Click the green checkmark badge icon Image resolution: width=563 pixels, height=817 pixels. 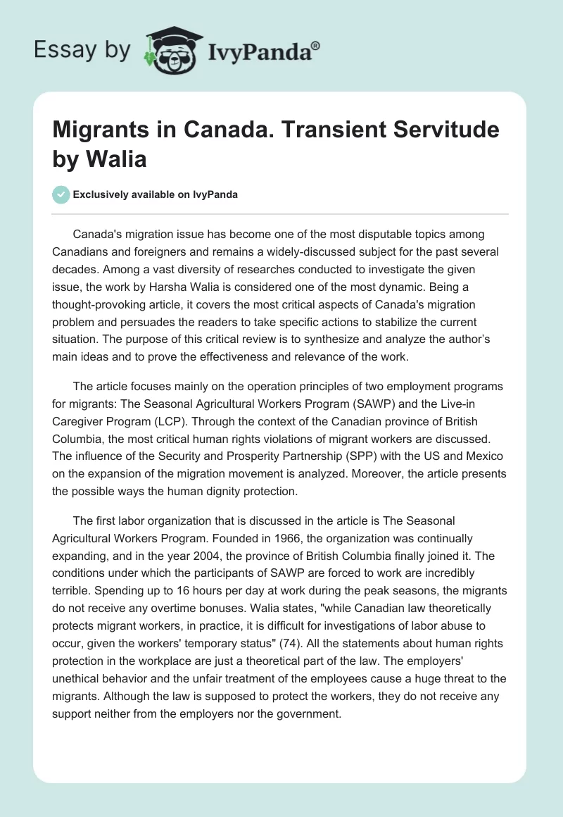point(61,194)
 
